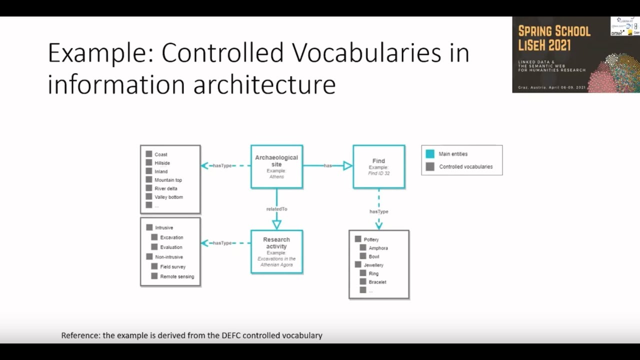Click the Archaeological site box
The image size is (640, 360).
tap(276, 166)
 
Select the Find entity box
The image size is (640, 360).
tap(378, 166)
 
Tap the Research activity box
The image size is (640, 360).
tap(276, 251)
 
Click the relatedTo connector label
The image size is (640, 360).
tap(276, 209)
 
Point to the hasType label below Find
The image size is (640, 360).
tap(378, 211)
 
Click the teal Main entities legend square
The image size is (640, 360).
tap(430, 154)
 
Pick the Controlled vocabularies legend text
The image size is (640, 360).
tap(465, 167)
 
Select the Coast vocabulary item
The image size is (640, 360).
tap(160, 154)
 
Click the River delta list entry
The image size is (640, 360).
tap(165, 188)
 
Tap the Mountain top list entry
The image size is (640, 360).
tap(168, 180)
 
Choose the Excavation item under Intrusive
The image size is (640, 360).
tap(171, 237)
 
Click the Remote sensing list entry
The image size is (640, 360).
tap(177, 276)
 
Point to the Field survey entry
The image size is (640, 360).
tap(173, 267)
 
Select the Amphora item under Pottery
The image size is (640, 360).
tap(378, 248)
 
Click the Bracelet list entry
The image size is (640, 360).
tap(377, 282)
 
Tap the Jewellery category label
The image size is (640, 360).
tap(373, 265)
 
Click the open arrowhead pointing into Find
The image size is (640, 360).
tap(347, 165)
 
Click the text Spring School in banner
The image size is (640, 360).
tap(554, 31)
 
